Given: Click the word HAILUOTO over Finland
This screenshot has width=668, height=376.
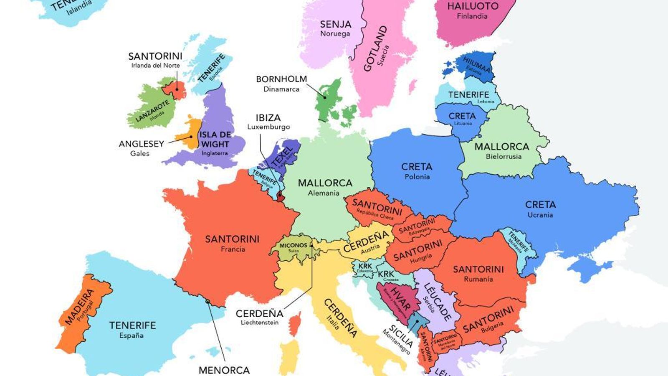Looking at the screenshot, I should click(473, 6).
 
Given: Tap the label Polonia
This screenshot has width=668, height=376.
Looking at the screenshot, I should click(417, 177).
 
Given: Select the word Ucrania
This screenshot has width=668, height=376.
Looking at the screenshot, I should click(540, 215).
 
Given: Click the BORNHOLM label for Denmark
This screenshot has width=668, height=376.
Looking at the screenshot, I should click(281, 79).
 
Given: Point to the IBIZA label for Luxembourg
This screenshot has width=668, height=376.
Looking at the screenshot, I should click(268, 118).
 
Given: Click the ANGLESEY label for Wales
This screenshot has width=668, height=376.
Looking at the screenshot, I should click(141, 144).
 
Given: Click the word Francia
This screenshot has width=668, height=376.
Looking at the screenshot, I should click(233, 249).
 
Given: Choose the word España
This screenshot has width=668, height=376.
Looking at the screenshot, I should click(131, 335).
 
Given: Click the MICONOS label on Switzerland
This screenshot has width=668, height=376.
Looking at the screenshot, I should click(293, 246).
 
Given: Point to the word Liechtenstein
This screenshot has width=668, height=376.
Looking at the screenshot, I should click(259, 323).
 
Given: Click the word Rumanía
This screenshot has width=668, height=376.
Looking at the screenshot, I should click(478, 279).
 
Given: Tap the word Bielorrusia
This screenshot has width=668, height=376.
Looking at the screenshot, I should click(504, 157).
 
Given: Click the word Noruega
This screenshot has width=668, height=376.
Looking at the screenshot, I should click(335, 34).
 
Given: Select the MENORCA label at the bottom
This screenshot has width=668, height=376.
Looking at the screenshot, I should click(224, 370).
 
